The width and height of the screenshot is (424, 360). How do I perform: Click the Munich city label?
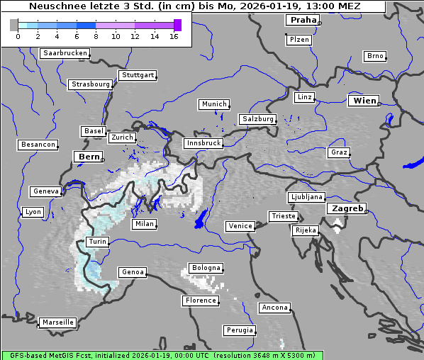point(213,104)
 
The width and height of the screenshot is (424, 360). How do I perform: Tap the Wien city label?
point(364,101)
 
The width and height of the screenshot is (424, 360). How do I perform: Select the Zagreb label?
point(347,208)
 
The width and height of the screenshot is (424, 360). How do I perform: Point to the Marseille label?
point(57,322)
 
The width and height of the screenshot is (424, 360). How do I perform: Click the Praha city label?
point(303,20)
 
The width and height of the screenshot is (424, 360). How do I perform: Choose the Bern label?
point(89,157)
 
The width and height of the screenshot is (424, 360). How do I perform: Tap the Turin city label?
point(97,242)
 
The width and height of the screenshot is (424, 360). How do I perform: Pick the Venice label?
point(240,226)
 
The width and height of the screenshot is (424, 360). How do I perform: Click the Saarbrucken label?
point(65,53)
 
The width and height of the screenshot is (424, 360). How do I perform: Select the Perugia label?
point(239,330)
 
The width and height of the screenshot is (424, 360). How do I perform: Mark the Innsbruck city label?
point(203,143)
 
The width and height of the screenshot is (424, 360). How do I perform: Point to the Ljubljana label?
point(306,197)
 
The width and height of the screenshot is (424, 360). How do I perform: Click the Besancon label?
point(38,145)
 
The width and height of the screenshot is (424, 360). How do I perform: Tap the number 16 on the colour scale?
point(174,36)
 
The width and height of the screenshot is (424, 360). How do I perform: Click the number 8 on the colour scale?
point(96,36)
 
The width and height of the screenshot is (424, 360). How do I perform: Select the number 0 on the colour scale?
point(17,36)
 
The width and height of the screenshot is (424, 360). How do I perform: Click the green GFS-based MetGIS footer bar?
point(162,355)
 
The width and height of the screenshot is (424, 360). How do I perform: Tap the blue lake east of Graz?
point(413,164)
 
